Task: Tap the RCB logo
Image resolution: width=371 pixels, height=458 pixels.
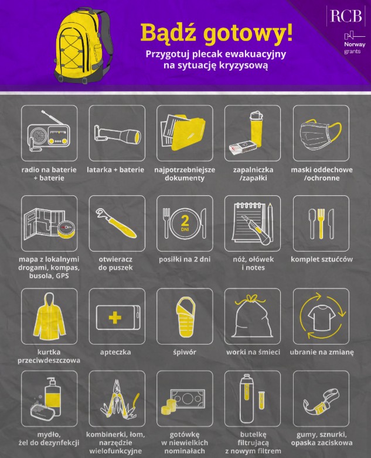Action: coord(346,16)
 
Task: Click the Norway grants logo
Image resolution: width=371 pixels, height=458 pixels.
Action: coord(355,43)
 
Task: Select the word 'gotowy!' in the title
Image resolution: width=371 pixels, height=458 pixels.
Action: coord(248,33)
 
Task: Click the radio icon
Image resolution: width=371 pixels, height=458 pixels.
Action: coord(49,132)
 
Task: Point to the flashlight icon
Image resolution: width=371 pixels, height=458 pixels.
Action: coord(117,135)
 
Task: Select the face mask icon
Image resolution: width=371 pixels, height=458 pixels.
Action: coord(321,133)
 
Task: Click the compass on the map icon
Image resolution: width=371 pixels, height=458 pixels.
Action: coord(66,229)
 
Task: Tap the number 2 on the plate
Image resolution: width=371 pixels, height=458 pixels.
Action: coord(185,221)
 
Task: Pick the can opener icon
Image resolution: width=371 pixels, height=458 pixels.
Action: coord(116,223)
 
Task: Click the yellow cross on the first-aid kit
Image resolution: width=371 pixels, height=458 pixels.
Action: coord(115,318)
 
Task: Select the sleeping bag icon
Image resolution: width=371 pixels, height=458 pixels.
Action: coord(185,316)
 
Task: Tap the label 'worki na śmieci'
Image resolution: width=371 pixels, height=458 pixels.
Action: coord(253,352)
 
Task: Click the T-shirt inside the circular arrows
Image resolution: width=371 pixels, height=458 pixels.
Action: coord(321,318)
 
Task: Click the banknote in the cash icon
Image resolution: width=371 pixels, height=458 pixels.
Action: coord(188,398)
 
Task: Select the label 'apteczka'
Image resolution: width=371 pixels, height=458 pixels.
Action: coord(115,352)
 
